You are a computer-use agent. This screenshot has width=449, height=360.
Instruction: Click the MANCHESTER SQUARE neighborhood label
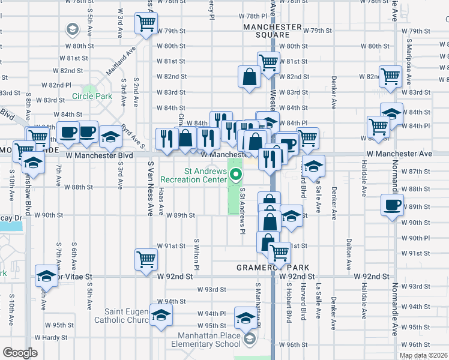tap(272, 31)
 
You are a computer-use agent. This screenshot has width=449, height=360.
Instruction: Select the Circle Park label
tap(92, 96)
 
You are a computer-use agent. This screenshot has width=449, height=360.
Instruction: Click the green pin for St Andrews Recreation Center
tap(237, 176)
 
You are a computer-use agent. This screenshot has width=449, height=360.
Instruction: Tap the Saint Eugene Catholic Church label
tap(127, 316)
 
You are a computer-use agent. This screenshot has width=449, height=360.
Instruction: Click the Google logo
tap(20, 353)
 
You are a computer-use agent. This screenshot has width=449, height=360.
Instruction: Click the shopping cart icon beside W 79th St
tap(146, 23)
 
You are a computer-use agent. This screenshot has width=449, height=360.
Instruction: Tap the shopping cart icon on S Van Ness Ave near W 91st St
tap(146, 259)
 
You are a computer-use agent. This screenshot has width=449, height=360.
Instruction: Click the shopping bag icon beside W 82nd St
tap(249, 76)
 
